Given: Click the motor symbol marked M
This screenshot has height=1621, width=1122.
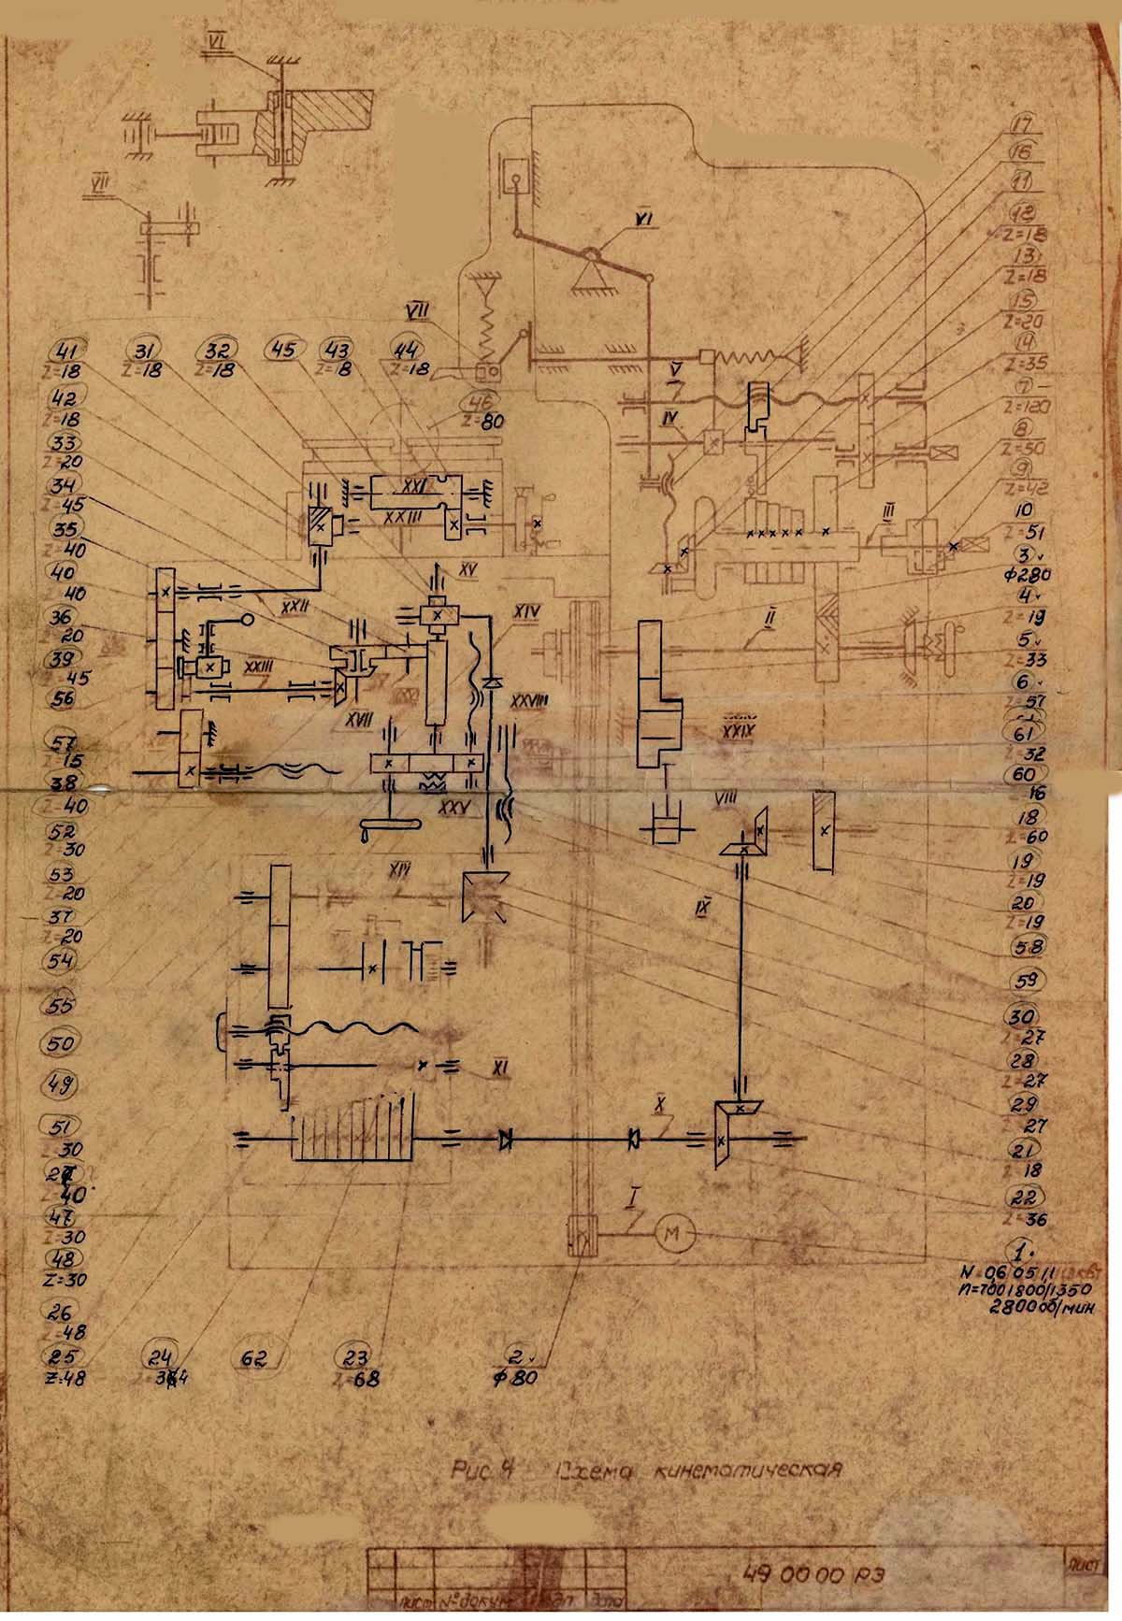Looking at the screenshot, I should click(672, 1236).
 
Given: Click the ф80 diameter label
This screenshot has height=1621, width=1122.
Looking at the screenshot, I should click(516, 1378).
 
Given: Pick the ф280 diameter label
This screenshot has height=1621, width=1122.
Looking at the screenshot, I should click(1026, 572).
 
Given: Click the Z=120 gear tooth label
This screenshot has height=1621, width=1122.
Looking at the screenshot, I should click(1027, 407).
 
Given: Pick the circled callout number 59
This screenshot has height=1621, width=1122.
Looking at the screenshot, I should click(1026, 982).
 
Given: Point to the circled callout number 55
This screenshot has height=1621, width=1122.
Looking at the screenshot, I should click(62, 1006).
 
